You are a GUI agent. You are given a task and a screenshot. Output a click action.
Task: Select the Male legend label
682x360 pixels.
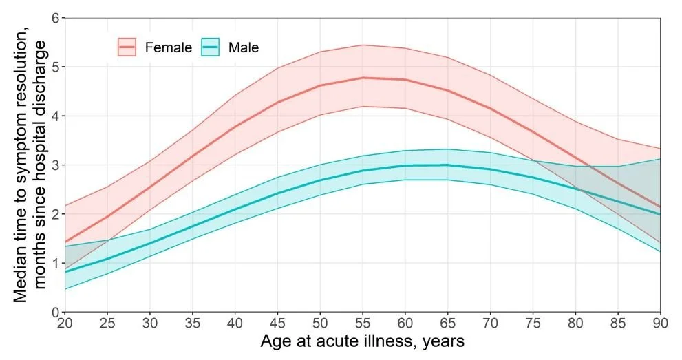coord(243,47)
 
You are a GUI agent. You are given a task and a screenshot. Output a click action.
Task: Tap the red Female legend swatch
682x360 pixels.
coord(128,47)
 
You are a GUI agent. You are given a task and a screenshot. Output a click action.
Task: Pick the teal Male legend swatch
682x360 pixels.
coord(211,47)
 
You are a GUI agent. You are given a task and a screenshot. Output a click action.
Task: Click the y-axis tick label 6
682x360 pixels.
coord(54,18)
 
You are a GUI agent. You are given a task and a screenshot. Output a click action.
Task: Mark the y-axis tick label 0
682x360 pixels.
coord(54,313)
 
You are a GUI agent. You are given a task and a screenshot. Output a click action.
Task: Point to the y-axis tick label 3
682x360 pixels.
coord(54,165)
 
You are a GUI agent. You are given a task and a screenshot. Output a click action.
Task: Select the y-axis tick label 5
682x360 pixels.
coord(54,67)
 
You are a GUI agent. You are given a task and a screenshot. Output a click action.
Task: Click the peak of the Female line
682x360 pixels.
coord(363,78)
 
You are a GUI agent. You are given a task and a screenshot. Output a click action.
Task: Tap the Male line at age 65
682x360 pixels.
coord(448,165)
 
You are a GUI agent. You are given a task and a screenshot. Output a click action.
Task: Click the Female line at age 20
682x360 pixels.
coord(65,242)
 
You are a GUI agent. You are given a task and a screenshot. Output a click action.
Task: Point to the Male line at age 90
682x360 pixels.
coord(660,214)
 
